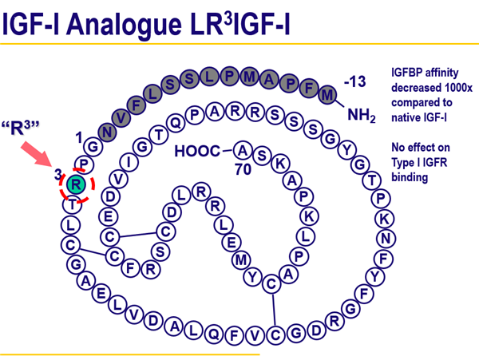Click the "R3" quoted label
click(x=22, y=128)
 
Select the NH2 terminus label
click(x=361, y=117)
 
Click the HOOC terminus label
click(x=197, y=150)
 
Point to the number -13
click(x=354, y=81)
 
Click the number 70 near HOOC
click(x=243, y=169)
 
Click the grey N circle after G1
click(x=105, y=130)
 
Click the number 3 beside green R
click(x=57, y=174)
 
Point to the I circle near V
click(x=132, y=162)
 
